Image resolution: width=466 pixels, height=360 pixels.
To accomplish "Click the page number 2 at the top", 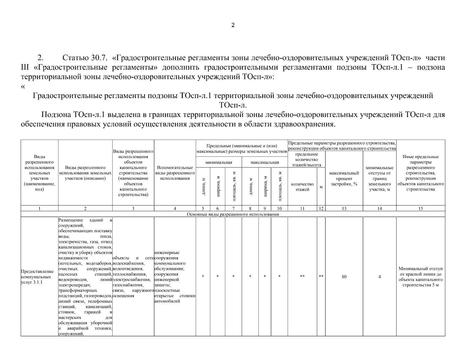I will point(233,25).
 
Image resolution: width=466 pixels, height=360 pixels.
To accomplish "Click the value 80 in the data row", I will point(344,277).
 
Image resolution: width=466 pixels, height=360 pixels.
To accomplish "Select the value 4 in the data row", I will point(380,277).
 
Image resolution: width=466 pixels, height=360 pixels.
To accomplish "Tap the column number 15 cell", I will point(421,208).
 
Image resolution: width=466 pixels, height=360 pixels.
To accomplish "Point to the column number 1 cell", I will point(39,208).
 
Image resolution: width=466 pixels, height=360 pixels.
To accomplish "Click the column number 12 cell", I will point(321,208).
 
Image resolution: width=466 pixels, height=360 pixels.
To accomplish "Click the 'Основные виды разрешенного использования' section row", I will point(233,214).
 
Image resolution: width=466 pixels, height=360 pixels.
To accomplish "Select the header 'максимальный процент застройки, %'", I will point(344,178).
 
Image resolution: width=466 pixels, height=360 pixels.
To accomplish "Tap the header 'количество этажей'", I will point(302,187).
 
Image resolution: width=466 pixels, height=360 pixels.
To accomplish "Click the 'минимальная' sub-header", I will point(219,162).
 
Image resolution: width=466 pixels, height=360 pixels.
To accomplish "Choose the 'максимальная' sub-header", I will point(265,162).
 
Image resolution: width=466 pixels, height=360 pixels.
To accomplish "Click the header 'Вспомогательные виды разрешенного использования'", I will point(175,173).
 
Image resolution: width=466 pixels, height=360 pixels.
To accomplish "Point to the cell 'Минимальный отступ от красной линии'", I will point(420,277).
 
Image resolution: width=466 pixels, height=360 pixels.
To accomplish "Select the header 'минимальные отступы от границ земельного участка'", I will point(380,178).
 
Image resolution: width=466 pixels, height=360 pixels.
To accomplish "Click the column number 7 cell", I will point(233,208).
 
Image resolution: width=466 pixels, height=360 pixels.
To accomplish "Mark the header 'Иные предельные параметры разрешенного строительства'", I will point(420,173).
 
